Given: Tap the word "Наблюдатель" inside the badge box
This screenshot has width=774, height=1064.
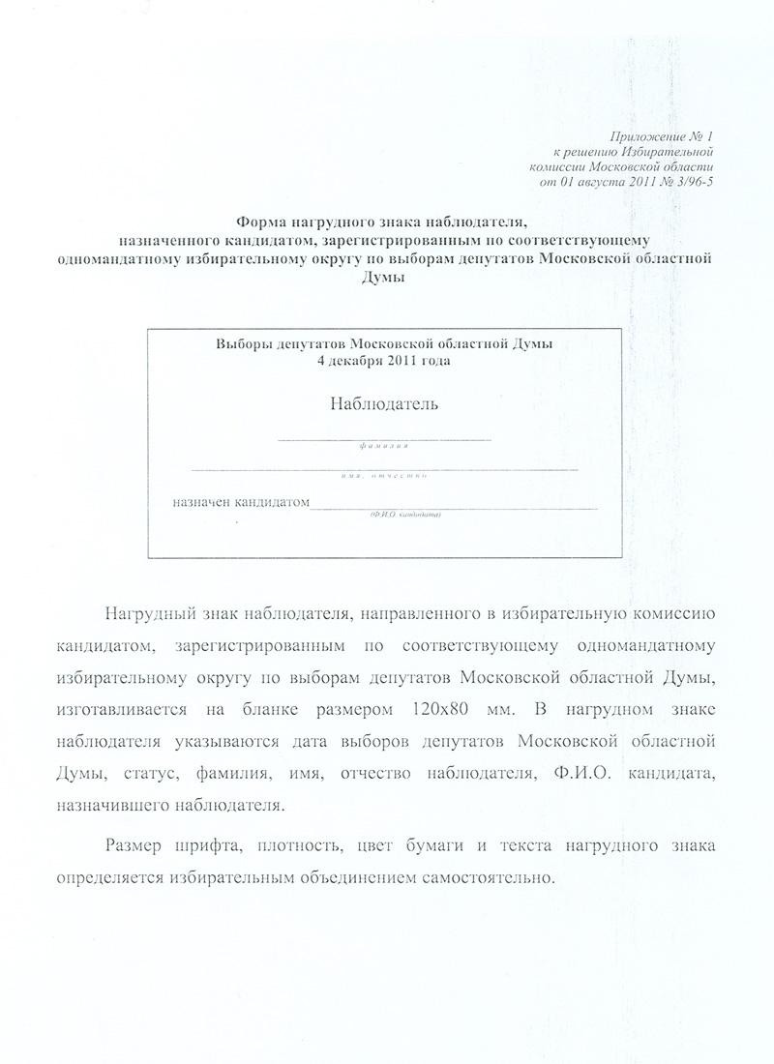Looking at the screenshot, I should pos(384,403).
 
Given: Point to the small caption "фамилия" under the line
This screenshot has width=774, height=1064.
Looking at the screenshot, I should pos(383,448).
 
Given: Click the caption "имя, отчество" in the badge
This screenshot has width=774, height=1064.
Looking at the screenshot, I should pos(384,476).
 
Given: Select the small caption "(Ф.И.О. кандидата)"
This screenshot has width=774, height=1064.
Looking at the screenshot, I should pos(404,515).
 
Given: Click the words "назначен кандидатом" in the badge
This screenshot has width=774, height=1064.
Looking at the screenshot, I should pos(240,502).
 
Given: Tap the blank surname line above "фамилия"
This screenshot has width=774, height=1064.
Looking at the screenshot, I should pos(384,439).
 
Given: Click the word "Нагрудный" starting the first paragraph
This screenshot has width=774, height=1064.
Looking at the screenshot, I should pos(149,614).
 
